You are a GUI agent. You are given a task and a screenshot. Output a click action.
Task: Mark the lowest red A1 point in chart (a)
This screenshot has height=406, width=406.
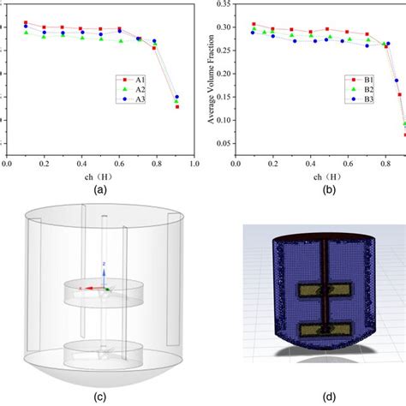point(177,106)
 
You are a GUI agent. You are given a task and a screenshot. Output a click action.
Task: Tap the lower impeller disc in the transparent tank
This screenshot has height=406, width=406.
point(102,350)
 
